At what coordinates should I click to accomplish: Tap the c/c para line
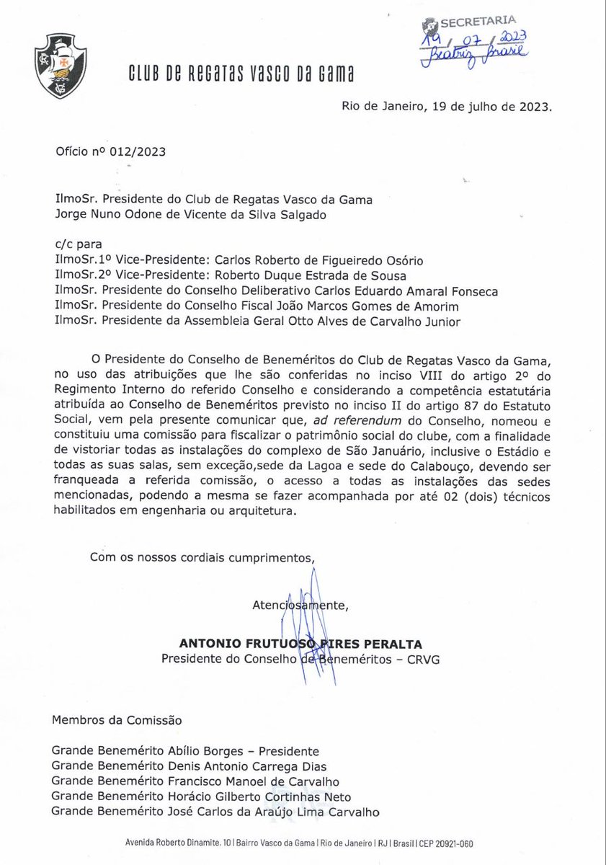pyautogui.click(x=74, y=245)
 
